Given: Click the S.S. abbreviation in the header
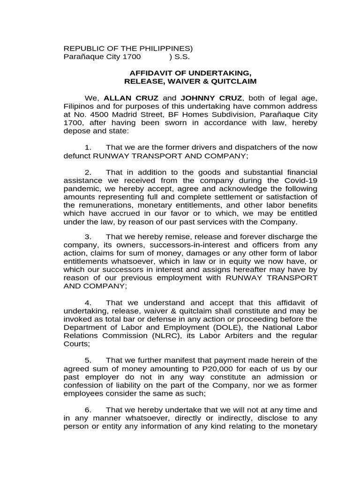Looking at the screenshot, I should point(182,57).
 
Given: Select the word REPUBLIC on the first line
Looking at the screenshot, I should point(81,49).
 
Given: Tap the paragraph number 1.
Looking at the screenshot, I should point(88,147).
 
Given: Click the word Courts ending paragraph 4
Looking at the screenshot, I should point(75,344).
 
